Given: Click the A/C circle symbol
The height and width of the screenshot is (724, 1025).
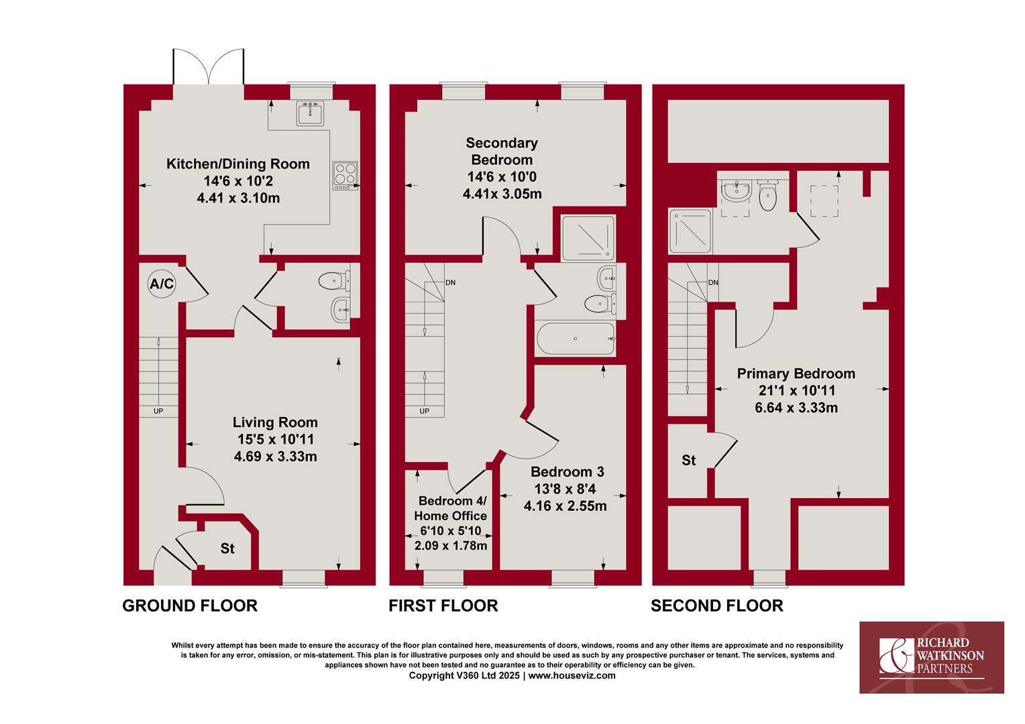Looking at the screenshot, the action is (162, 284).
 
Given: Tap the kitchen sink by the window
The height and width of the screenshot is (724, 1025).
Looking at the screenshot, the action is (310, 113).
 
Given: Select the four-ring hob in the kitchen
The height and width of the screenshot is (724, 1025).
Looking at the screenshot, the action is (345, 175).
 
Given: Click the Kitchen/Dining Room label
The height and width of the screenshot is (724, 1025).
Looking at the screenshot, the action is (238, 164).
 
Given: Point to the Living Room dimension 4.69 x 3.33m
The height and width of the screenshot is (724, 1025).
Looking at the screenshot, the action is (276, 457).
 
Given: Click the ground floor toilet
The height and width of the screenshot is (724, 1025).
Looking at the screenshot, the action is (334, 280).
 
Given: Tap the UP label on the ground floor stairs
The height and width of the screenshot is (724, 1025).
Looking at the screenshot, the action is (158, 411).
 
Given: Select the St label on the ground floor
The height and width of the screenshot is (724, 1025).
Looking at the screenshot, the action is (227, 548).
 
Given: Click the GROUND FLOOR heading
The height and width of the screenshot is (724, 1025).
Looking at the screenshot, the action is (190, 606).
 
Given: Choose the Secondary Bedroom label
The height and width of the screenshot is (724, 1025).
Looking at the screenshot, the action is (502, 152).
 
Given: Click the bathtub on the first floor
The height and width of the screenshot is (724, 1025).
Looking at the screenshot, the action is (575, 339).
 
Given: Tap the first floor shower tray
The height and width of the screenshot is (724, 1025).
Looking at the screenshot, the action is (588, 238).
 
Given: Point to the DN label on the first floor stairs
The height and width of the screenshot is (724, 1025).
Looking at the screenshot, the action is (450, 283).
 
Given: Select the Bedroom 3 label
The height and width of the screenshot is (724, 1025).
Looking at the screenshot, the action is (568, 471).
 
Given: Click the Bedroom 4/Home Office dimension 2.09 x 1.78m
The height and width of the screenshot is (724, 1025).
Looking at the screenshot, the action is (451, 546).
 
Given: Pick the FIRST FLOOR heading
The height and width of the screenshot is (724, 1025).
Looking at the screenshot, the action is (443, 606).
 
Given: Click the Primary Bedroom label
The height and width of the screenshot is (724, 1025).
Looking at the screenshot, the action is (796, 373).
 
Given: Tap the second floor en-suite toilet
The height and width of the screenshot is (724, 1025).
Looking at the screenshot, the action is (767, 196).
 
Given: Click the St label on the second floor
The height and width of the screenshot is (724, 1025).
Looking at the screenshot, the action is (689, 460).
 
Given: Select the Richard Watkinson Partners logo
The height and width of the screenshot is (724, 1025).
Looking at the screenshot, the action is (932, 657).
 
